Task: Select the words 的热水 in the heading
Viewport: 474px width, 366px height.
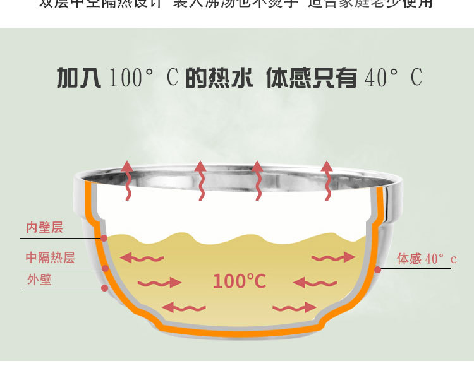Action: coord(219,78)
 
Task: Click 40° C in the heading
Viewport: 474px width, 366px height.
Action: coord(393,78)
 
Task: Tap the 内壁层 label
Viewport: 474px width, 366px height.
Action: coord(44,227)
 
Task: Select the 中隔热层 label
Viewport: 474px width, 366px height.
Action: coord(50,257)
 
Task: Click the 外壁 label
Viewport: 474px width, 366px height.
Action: coord(39,280)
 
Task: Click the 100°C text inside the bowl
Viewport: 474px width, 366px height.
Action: coord(239,281)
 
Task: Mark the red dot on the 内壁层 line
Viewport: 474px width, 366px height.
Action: coord(104,238)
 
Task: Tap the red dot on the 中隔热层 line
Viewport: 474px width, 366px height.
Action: coord(106,268)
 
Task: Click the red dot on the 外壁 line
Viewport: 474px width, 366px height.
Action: coord(104,288)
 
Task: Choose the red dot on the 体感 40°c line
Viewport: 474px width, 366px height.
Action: coord(377,269)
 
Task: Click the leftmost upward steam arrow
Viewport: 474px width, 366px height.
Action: coord(127,180)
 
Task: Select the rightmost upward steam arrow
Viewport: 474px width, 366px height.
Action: coord(327,180)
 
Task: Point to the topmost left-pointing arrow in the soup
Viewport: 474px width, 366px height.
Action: coord(142,257)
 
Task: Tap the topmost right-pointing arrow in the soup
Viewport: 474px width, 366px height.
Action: coord(333,257)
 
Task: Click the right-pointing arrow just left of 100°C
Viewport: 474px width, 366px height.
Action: coord(159,282)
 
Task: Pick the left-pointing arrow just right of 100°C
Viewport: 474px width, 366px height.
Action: coord(315,282)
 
